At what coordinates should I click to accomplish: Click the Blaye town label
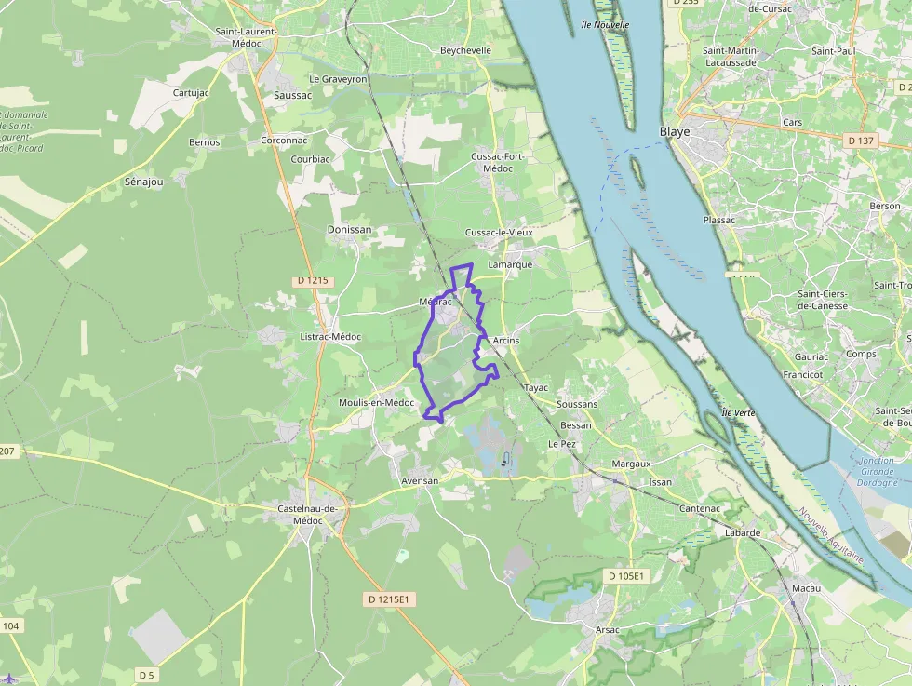(x=675, y=131)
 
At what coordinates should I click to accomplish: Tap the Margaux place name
(x=632, y=464)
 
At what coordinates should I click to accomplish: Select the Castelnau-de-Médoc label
(x=307, y=514)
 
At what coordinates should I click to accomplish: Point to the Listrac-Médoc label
(x=330, y=336)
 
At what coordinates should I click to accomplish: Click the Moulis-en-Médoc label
(x=376, y=402)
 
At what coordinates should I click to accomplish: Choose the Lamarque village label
(x=510, y=264)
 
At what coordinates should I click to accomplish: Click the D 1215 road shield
(x=314, y=280)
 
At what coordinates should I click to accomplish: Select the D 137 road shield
(x=861, y=141)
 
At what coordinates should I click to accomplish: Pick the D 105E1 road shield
(x=626, y=576)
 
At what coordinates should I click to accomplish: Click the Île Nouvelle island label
(x=605, y=24)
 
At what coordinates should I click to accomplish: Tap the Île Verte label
(x=737, y=412)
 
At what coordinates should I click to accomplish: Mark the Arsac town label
(x=607, y=630)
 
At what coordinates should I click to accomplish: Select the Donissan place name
(x=349, y=229)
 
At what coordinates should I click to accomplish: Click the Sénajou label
(x=143, y=182)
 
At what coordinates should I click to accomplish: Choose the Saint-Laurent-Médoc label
(x=247, y=36)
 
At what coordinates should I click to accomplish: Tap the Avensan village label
(x=419, y=481)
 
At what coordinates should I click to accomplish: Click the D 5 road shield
(x=145, y=674)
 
